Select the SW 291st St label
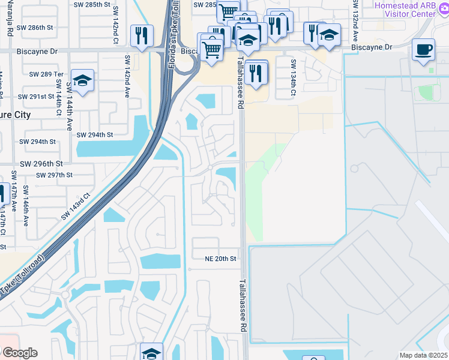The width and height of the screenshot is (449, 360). (x=36, y=97)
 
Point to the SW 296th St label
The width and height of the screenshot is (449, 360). (x=41, y=163)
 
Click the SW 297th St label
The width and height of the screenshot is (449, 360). (x=54, y=175)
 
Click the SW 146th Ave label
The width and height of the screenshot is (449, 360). (x=26, y=205)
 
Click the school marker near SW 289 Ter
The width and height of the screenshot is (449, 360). (x=82, y=80)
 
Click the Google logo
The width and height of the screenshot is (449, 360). (x=19, y=353)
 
